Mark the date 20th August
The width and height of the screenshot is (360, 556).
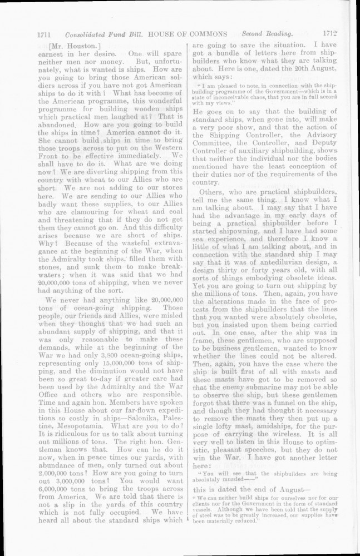click(301, 68)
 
